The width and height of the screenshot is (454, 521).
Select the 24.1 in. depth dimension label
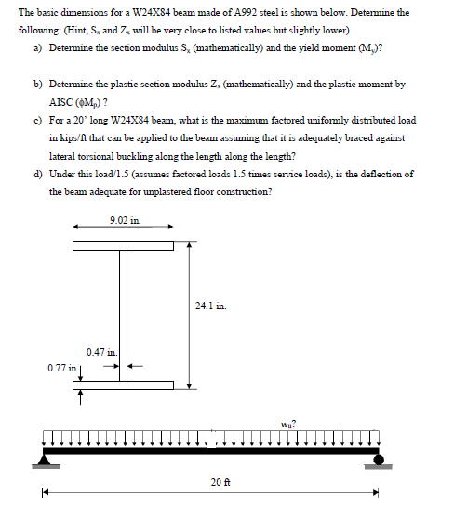pos(209,304)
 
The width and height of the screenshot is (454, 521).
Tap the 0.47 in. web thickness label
pos(100,351)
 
